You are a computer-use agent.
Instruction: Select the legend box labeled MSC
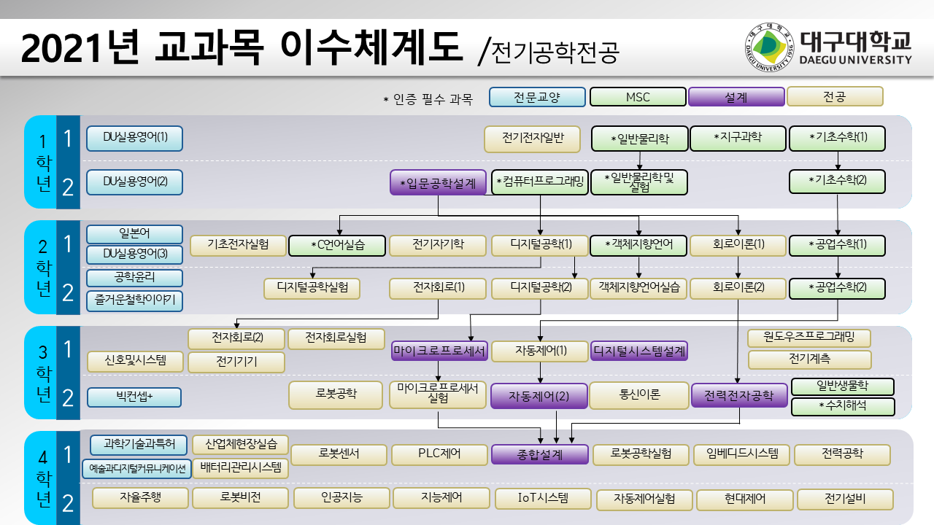tap(638, 97)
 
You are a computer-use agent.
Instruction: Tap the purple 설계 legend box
tap(736, 97)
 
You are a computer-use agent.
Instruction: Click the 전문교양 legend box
tap(537, 97)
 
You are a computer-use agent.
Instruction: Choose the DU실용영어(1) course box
tap(134, 138)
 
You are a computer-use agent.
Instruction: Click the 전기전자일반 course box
tap(532, 139)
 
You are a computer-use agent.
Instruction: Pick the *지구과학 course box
tap(738, 138)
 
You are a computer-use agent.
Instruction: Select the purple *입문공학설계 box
tap(438, 182)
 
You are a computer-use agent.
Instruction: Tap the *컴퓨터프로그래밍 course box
tap(539, 182)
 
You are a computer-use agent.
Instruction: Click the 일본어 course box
tap(134, 234)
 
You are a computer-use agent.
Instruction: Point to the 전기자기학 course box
tap(438, 245)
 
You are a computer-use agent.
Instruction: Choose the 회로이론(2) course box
tap(738, 288)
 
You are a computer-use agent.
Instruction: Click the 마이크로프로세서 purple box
tap(439, 351)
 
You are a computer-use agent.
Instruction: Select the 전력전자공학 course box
tap(739, 395)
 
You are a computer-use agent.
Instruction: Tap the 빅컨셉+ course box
tap(134, 397)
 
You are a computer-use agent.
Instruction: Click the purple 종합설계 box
tap(540, 454)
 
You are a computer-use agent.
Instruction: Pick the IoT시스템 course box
tap(543, 499)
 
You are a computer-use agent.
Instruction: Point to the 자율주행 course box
tap(140, 498)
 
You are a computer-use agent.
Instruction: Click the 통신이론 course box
tap(639, 395)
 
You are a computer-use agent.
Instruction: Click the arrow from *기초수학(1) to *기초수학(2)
tap(838, 160)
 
